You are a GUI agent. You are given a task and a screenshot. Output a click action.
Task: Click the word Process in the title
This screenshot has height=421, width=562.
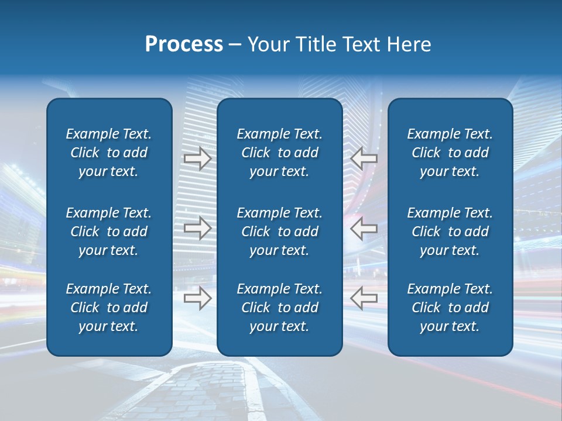tap(184, 44)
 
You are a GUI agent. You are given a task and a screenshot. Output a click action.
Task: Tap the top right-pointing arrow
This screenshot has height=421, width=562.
tap(198, 158)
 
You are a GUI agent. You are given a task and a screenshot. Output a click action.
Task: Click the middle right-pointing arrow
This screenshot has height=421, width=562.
tap(198, 228)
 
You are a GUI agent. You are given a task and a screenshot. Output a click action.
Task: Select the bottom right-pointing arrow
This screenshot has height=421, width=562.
tap(198, 298)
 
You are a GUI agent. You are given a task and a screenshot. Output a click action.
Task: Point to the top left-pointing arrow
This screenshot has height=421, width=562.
tap(364, 158)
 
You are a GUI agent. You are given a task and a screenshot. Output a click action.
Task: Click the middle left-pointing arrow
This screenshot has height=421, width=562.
tap(364, 228)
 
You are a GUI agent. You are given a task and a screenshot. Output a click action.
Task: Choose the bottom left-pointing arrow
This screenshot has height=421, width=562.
tap(364, 298)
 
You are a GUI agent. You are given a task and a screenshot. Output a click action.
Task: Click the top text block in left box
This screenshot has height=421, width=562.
tap(109, 153)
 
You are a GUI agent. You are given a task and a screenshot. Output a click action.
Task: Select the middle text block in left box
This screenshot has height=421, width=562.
tap(109, 232)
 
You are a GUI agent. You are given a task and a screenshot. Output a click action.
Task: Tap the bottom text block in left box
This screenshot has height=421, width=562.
tap(109, 308)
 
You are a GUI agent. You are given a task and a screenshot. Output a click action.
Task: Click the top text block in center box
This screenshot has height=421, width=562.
tap(279, 153)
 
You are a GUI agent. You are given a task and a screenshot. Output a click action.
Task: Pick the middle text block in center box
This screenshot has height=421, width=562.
tap(279, 232)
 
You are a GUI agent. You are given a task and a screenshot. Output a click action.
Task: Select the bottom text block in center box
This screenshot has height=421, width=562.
tap(279, 308)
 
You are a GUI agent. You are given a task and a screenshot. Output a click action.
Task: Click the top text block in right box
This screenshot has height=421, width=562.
tap(450, 153)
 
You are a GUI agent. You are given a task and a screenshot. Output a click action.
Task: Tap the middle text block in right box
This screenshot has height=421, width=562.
tap(450, 232)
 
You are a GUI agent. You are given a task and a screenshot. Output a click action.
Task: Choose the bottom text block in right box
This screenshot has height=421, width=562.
tap(450, 308)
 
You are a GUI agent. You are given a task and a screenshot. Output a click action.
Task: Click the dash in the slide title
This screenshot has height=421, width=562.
tap(235, 45)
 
